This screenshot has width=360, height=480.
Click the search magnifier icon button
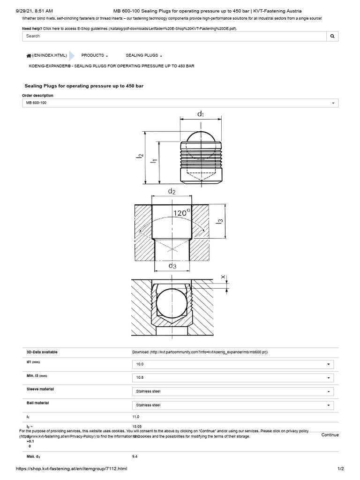(x=332, y=36)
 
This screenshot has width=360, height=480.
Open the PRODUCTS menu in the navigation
(x=95, y=55)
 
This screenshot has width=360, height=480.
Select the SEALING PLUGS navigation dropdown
(x=144, y=55)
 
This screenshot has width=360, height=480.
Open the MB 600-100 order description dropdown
(x=180, y=103)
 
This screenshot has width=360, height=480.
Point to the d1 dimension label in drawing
(x=200, y=113)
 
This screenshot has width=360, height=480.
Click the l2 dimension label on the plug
(x=140, y=159)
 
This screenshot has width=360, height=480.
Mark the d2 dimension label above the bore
(x=172, y=192)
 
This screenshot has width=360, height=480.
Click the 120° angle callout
(x=182, y=213)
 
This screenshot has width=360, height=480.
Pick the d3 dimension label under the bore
(x=172, y=266)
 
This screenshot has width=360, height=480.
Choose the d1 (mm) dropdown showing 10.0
(x=233, y=364)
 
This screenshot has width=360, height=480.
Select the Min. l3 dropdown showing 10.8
(x=233, y=378)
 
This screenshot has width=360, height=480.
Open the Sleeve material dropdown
(x=233, y=391)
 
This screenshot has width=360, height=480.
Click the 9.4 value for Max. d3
(x=135, y=456)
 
